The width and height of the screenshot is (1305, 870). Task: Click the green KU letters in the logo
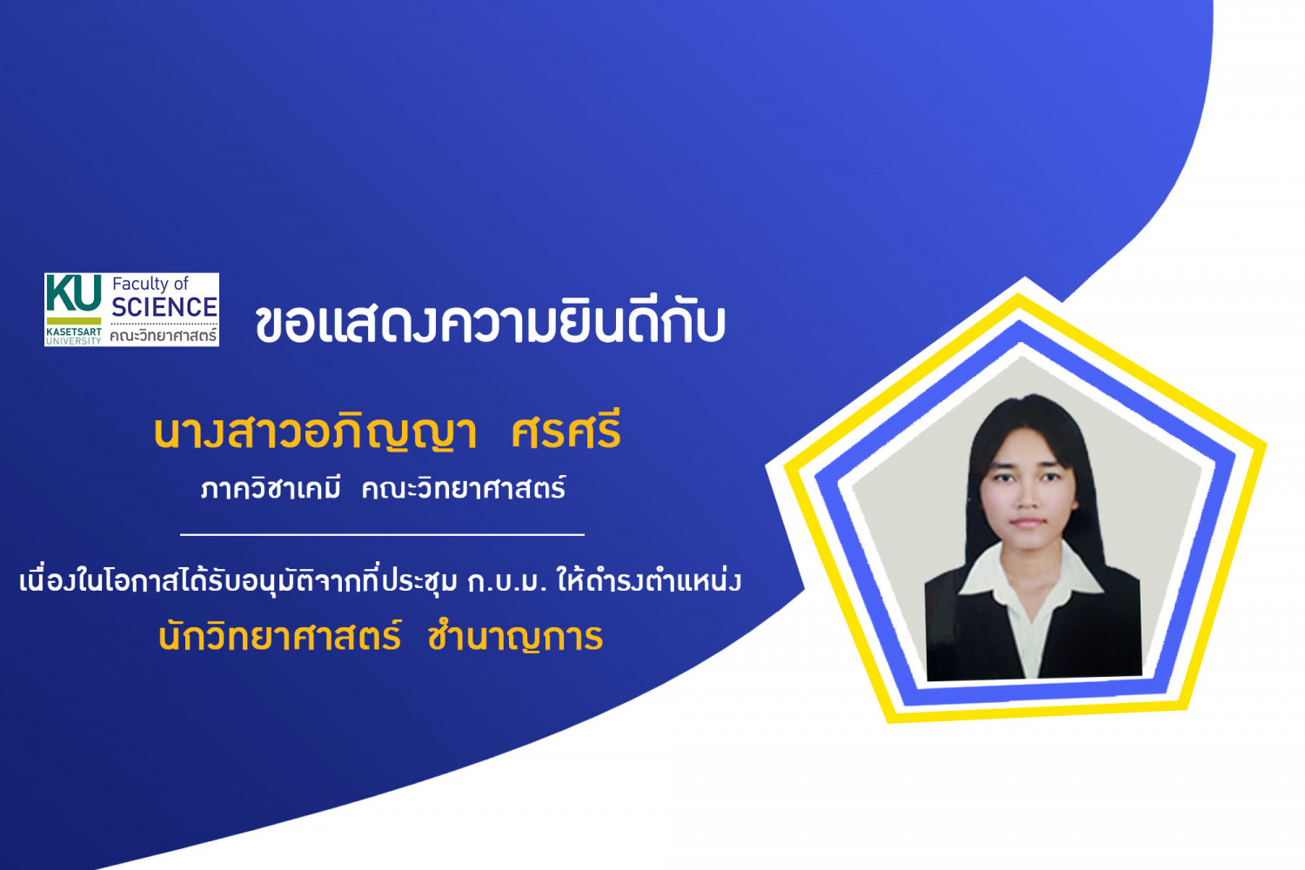click(73, 293)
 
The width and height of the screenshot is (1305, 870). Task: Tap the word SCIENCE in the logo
click(164, 307)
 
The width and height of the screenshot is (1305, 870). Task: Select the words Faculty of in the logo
click(151, 284)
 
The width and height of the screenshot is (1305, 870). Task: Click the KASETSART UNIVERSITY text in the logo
click(73, 336)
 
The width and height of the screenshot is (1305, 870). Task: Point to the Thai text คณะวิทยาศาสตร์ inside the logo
click(164, 335)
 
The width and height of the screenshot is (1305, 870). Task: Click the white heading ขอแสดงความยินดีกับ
click(491, 324)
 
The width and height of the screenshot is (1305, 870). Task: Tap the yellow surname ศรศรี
click(565, 431)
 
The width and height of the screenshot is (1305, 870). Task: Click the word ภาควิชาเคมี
click(271, 488)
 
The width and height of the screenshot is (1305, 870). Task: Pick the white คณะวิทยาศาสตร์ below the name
click(464, 488)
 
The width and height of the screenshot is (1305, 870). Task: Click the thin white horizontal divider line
click(382, 534)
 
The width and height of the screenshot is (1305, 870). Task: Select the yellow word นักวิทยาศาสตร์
click(279, 637)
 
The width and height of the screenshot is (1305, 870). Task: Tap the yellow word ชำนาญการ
click(515, 638)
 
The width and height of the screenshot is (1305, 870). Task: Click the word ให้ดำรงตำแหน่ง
click(649, 580)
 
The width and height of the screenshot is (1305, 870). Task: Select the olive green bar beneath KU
click(74, 321)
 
